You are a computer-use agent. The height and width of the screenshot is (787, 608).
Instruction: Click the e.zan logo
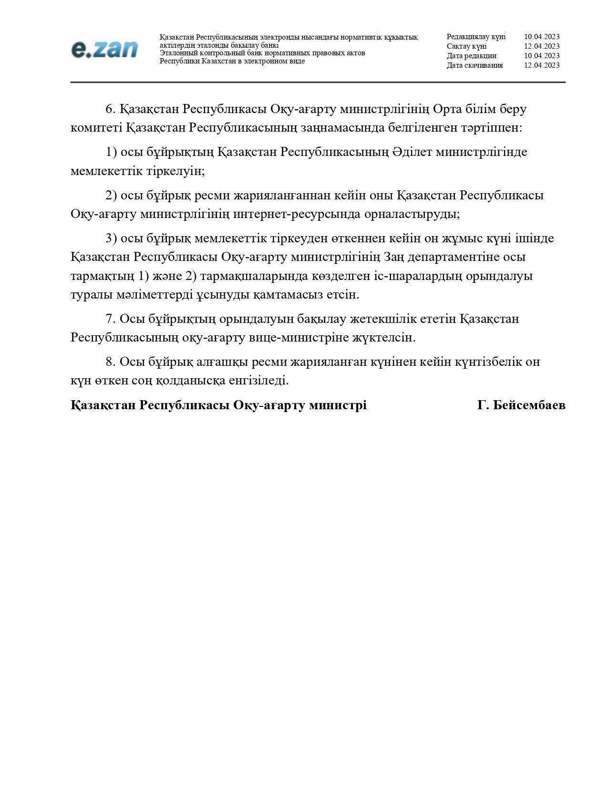[x=104, y=50]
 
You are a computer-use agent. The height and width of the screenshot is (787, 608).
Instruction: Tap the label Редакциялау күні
[x=476, y=37]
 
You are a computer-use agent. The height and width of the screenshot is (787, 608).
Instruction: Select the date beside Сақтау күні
[x=542, y=46]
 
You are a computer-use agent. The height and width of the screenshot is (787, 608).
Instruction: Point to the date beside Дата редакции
[x=542, y=56]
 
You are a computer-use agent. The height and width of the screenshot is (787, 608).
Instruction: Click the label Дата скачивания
[x=474, y=65]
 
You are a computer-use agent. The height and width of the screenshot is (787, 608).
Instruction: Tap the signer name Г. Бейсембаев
[x=521, y=405]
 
